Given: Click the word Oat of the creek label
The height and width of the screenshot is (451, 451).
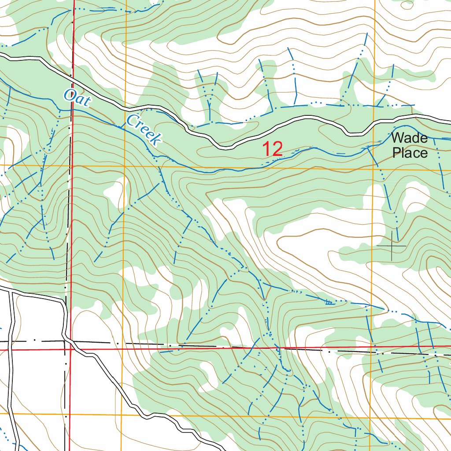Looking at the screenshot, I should click(x=77, y=97).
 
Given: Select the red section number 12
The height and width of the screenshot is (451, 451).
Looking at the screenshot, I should click(x=273, y=149).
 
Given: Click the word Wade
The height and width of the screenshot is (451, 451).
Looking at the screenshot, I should click(x=409, y=138).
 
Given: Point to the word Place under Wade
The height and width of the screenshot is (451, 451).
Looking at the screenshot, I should click(x=410, y=153).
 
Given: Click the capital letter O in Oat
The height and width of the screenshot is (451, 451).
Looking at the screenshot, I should click(x=70, y=94).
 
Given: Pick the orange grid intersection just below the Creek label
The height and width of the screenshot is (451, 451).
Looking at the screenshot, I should click(x=124, y=166).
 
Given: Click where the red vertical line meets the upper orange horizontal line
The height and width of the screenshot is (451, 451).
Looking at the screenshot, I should click(x=72, y=166).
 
